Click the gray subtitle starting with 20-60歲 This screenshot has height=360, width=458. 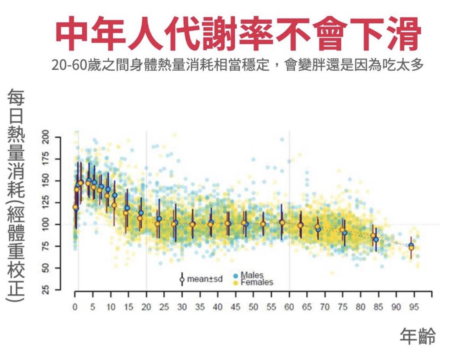click(237, 65)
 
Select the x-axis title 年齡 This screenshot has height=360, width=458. click(417, 336)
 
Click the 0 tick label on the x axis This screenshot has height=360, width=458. click(75, 307)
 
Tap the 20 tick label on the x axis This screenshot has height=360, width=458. click(146, 307)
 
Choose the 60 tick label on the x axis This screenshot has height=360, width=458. click(289, 307)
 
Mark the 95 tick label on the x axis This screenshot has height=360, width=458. click(414, 307)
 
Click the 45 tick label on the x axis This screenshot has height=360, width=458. click(235, 307)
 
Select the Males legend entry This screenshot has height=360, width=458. click(252, 275)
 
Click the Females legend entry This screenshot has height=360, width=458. click(256, 283)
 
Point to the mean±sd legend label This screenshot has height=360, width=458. click(205, 279)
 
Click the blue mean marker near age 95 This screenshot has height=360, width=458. click(411, 246)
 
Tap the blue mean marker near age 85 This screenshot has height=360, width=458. click(376, 240)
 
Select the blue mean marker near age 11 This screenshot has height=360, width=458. click(115, 195)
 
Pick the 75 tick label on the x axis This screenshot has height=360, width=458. click(343, 307)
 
